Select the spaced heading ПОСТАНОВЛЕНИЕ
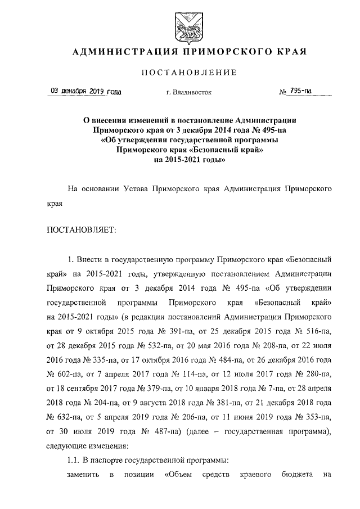pos(184,73)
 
